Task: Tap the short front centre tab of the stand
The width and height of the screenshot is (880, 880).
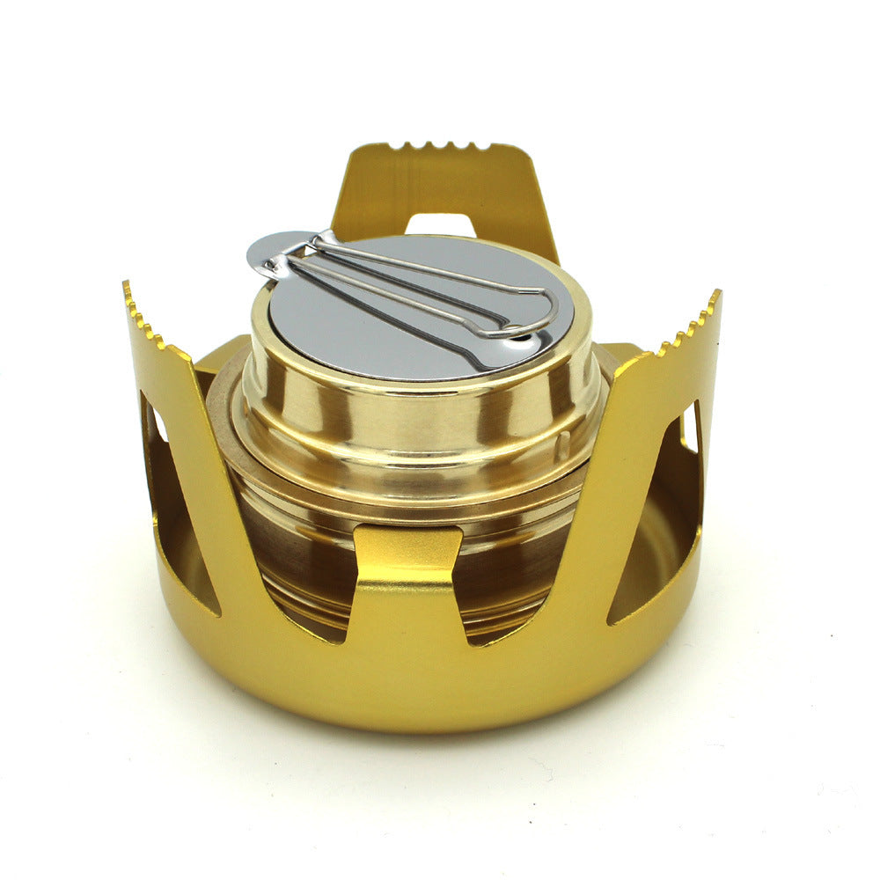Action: coord(407,563)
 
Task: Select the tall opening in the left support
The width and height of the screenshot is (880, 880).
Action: coord(172,510)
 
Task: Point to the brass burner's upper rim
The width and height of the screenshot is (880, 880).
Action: coord(422,387)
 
